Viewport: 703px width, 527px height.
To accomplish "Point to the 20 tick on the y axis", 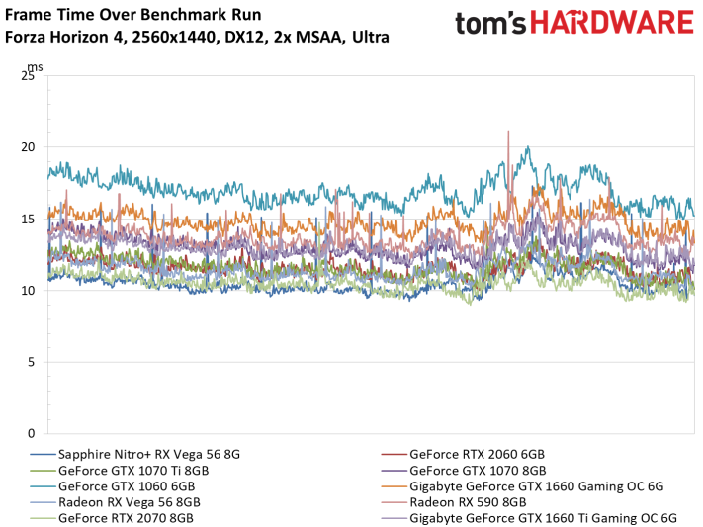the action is click(x=28, y=147).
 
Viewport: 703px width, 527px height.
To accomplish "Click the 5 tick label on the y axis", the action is click(x=31, y=362).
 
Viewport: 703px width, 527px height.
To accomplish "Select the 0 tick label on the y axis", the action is click(x=31, y=433).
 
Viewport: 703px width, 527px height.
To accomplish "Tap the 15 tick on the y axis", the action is click(x=28, y=219).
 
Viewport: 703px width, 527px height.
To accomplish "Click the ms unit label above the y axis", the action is click(x=36, y=67).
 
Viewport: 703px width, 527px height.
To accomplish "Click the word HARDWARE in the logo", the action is click(x=612, y=23).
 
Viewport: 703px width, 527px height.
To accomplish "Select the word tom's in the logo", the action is click(x=490, y=24).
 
